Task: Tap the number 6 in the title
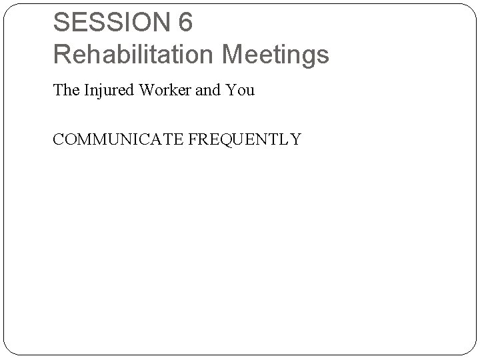pyautogui.click(x=185, y=23)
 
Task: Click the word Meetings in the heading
pyautogui.click(x=276, y=55)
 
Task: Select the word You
pyautogui.click(x=241, y=91)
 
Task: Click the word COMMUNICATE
pyautogui.click(x=117, y=139)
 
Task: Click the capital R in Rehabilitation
pyautogui.click(x=62, y=55)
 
